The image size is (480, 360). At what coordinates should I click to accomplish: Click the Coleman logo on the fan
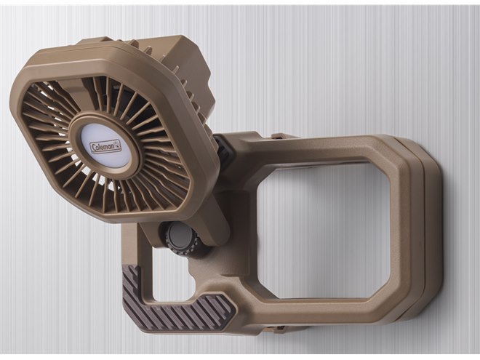coord(105,146)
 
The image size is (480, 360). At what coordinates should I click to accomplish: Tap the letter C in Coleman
coord(93,148)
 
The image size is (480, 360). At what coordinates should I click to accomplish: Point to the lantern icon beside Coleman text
coord(117,145)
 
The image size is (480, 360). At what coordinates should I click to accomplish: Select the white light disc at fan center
coord(105,146)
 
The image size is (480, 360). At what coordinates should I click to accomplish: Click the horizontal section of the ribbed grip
coord(190,311)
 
